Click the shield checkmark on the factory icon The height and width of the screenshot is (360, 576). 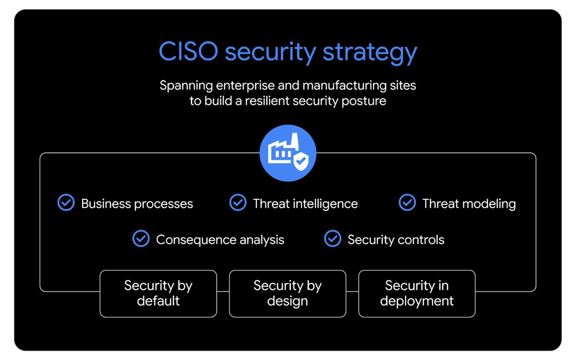coord(301,161)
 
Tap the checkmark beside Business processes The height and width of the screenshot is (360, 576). coord(66,203)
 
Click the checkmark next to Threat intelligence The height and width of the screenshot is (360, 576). coord(238,203)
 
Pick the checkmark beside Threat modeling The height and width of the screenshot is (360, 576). coord(407,203)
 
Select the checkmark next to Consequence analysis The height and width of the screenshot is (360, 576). coord(141,239)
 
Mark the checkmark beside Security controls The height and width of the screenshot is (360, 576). coord(332,239)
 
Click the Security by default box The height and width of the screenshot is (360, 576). coord(158,293)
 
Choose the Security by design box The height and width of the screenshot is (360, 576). coord(287,293)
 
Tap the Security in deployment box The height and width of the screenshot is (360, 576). coord(417,293)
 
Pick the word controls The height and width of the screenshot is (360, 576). coord(420,240)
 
